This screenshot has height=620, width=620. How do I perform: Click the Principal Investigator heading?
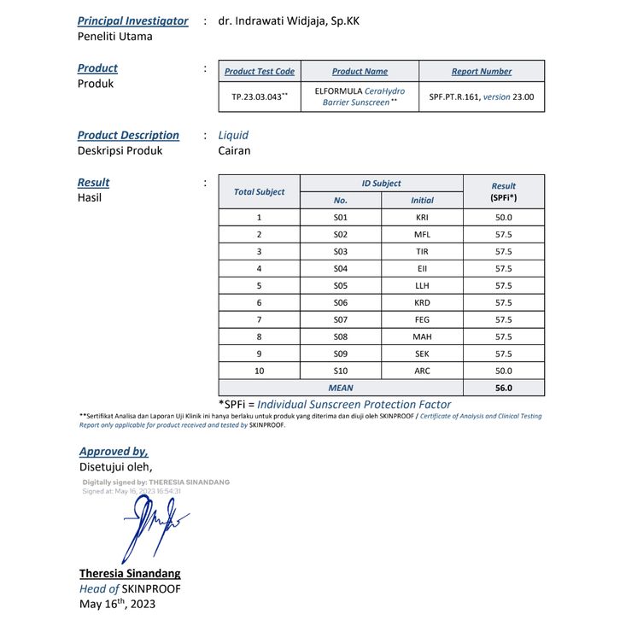(132, 21)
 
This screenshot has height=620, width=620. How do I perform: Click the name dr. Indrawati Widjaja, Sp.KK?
(289, 21)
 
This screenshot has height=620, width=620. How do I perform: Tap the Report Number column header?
(482, 72)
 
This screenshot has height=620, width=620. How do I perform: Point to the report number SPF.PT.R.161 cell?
(482, 97)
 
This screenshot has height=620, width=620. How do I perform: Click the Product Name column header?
(360, 72)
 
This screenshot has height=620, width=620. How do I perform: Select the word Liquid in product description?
(233, 135)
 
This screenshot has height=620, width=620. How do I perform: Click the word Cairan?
(234, 151)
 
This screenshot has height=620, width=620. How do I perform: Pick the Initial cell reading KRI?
(422, 218)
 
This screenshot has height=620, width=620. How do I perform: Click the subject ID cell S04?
(341, 269)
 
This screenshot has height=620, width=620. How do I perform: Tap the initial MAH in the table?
(422, 337)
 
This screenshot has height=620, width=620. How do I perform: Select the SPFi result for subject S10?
(503, 371)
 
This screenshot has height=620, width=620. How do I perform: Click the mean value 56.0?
(503, 388)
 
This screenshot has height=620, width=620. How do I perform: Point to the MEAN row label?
(341, 388)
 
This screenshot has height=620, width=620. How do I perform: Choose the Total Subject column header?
(260, 192)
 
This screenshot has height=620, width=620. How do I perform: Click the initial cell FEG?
(422, 320)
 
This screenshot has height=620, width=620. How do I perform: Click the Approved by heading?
(114, 452)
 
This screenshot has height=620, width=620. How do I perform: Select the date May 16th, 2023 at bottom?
(117, 605)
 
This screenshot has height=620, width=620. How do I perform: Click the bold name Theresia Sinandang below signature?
(130, 573)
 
